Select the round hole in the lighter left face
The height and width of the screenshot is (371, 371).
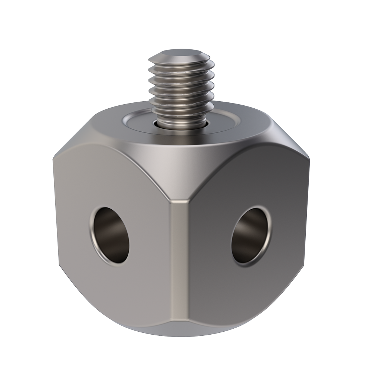click(109, 235)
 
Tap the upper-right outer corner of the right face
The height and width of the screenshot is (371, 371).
click(309, 157)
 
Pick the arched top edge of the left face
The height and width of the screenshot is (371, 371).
click(111, 148)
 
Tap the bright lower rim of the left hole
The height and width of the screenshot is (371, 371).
click(111, 262)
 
